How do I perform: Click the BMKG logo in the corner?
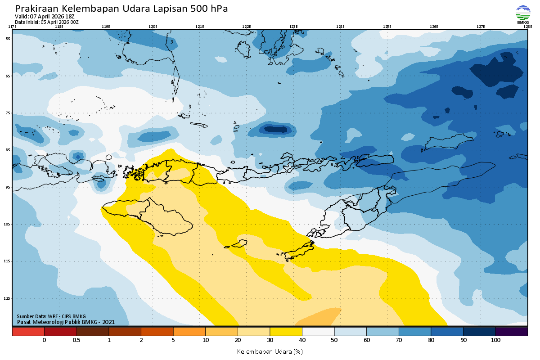coord(522,14)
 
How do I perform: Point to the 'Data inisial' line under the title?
coord(47,22)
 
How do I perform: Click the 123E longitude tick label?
coord(293,27)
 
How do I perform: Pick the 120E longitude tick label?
coord(153,27)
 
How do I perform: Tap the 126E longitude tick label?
coord(434,27)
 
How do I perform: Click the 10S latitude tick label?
coord(8,224)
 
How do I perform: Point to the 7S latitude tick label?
coord(8,113)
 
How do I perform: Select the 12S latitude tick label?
coord(8,298)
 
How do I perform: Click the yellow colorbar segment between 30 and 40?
coord(286,332)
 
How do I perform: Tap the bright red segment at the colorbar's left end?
coord(28,332)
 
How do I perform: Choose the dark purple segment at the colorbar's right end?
coord(512,332)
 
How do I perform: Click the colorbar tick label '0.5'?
coord(76,341)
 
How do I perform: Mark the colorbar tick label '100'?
coord(495,341)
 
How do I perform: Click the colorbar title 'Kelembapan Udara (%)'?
coord(270,351)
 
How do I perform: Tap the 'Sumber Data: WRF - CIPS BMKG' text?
coord(51,316)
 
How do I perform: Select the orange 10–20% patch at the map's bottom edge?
coord(319,317)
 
